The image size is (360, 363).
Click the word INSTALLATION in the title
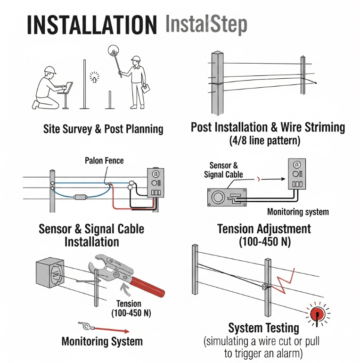point(92,25)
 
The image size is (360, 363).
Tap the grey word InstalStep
point(206,25)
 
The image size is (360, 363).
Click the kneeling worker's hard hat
point(50,70)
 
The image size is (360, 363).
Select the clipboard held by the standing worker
point(146,89)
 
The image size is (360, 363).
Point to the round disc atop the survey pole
point(114,50)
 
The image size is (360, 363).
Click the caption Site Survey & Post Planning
point(103,129)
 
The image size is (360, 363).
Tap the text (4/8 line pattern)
point(265,140)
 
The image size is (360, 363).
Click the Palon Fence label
point(104,160)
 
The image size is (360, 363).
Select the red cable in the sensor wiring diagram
point(132,199)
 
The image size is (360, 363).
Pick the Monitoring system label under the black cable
point(298,212)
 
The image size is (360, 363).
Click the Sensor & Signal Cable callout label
point(223,170)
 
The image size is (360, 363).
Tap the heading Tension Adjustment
point(264,229)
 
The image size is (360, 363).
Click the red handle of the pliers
point(147,287)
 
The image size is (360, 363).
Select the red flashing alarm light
point(318,314)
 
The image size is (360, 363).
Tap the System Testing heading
point(263,328)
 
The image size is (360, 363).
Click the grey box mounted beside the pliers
point(50,272)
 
